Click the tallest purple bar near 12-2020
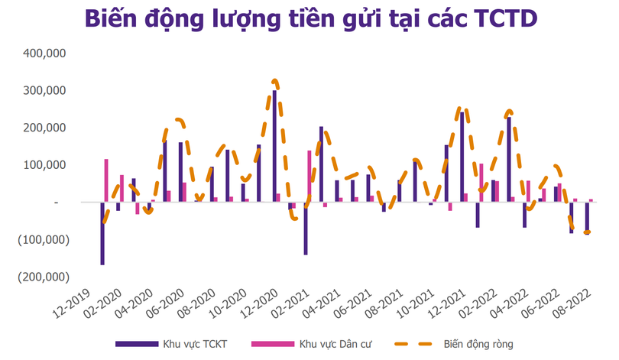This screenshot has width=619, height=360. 275,146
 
